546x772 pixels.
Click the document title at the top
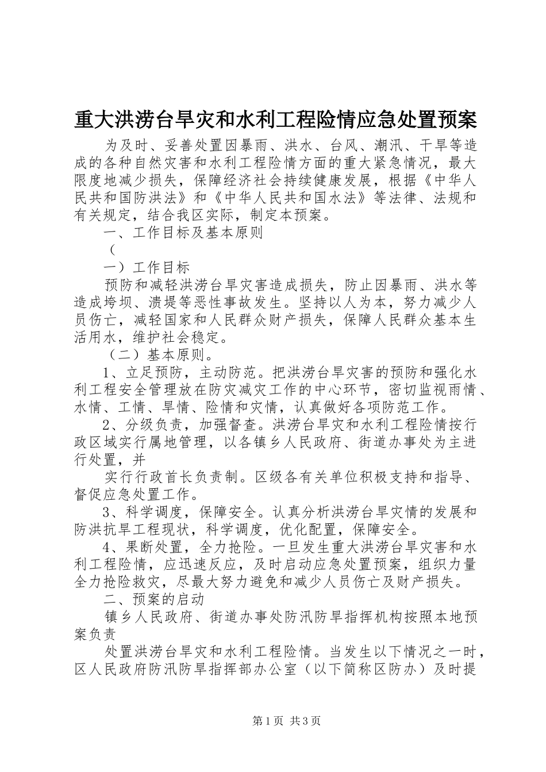tap(275, 120)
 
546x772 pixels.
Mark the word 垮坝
tap(132, 302)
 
